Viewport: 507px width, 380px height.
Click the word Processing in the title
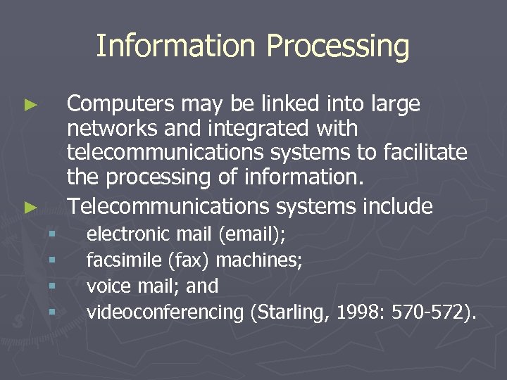[x=338, y=46]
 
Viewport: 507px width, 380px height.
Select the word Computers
[x=120, y=104]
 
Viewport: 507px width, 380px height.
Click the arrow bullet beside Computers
[x=30, y=106]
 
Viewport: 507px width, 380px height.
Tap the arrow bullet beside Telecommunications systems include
[x=30, y=208]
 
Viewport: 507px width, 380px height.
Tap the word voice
[x=104, y=286]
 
